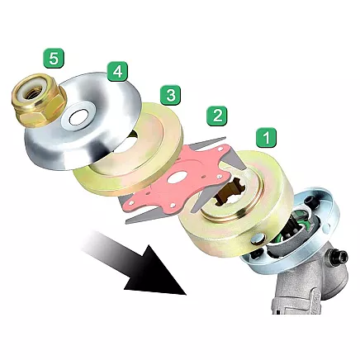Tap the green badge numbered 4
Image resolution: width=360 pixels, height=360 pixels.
118,71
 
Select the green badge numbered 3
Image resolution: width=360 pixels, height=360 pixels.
170,95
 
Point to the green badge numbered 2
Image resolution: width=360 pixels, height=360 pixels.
218,115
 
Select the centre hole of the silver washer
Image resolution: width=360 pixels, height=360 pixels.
79,118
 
